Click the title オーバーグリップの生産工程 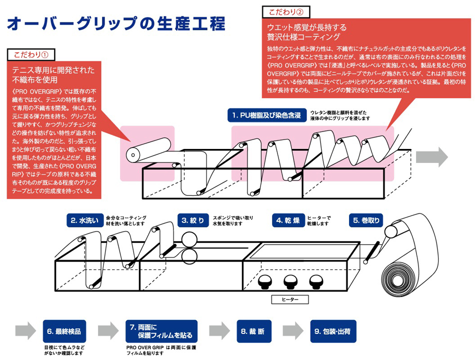(115, 23)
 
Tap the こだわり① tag (30, 54)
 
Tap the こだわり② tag (285, 11)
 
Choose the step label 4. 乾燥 (286, 220)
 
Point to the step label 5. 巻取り (366, 220)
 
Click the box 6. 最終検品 (64, 331)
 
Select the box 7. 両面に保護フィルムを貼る (160, 331)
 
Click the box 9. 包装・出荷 (332, 331)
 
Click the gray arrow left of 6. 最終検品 (25, 330)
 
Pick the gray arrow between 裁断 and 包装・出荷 (294, 330)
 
